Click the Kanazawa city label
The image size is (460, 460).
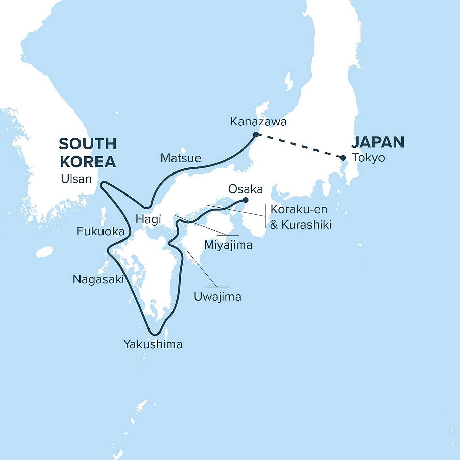(x=258, y=122)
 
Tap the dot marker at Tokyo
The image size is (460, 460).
(x=343, y=158)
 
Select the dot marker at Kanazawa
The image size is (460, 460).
(x=256, y=135)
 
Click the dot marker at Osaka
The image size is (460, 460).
(x=246, y=200)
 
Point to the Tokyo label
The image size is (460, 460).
(x=368, y=158)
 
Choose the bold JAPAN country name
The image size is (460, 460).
(x=378, y=142)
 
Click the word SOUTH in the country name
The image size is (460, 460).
(x=88, y=144)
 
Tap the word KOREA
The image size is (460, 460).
(x=88, y=162)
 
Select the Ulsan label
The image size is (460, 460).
(x=76, y=179)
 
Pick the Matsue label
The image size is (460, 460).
(x=181, y=158)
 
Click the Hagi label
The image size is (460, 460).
(x=148, y=219)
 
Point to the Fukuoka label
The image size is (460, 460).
(x=100, y=231)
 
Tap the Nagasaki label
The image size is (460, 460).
(x=98, y=279)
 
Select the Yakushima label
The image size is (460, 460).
(x=153, y=344)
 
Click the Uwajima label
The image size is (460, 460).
(x=217, y=297)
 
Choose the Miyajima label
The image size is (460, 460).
(x=228, y=245)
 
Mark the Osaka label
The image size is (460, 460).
(x=245, y=189)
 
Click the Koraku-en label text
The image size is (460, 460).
(x=299, y=209)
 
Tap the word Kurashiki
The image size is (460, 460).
(x=306, y=225)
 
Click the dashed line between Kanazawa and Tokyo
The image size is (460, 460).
(x=299, y=146)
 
